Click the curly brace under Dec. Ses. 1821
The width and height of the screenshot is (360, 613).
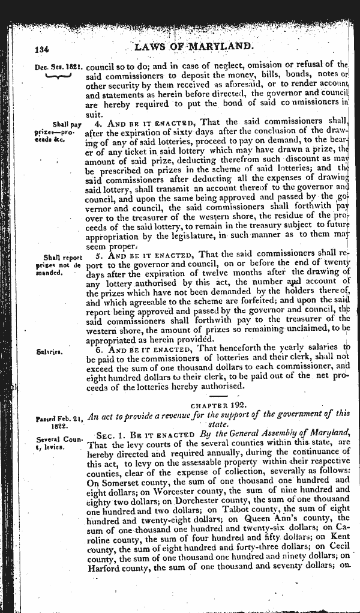tap(58, 76)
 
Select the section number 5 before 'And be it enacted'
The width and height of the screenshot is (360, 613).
tap(99, 255)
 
